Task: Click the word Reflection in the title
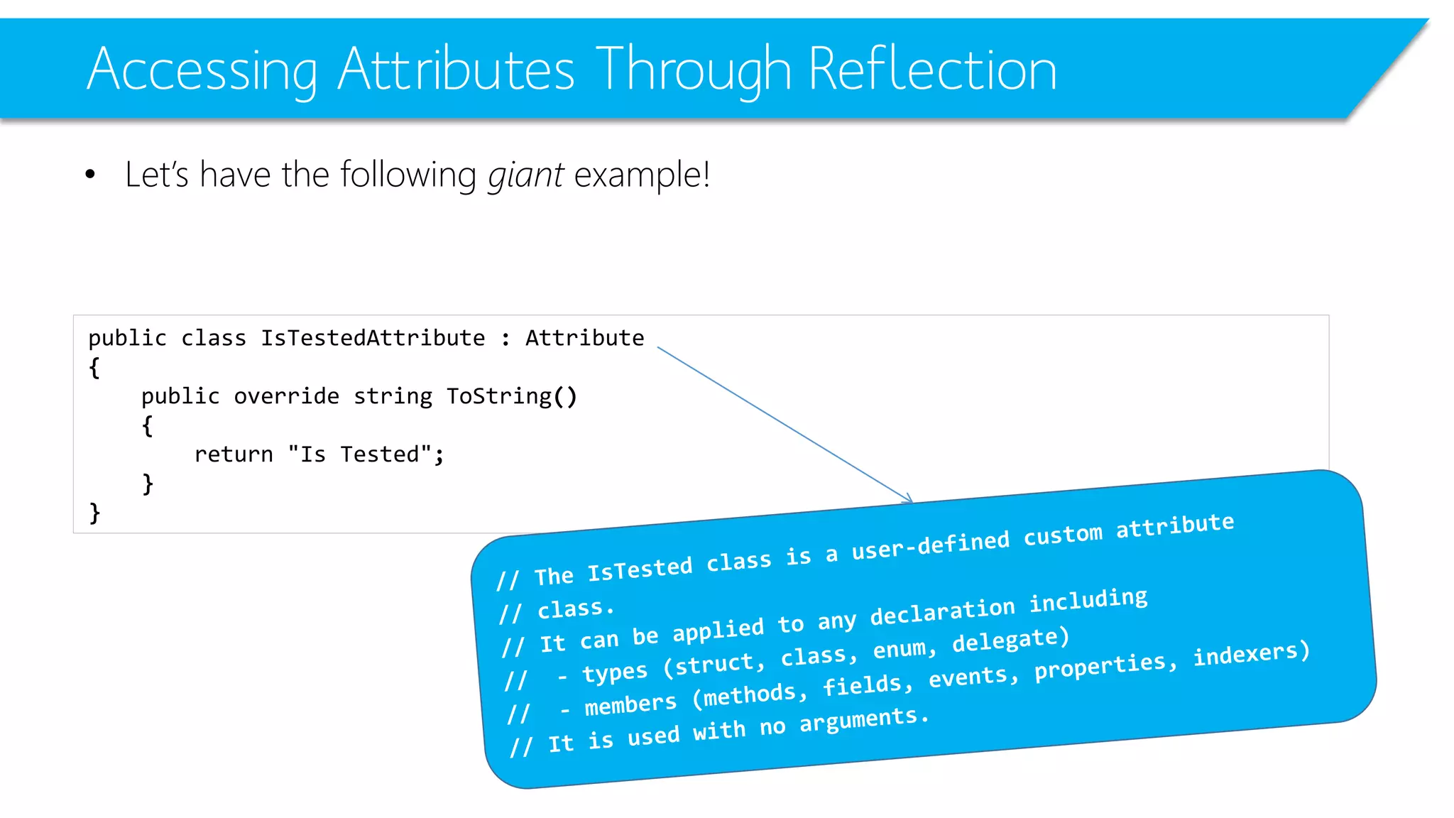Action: click(x=932, y=70)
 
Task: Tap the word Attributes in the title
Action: click(x=456, y=70)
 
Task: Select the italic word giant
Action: click(x=525, y=175)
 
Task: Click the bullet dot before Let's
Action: click(x=89, y=175)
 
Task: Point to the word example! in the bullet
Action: click(x=642, y=175)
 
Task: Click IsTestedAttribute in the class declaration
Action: click(x=373, y=338)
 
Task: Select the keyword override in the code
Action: click(x=286, y=396)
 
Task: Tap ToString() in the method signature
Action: click(x=511, y=396)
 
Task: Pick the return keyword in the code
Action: click(x=234, y=454)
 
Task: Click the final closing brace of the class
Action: click(x=94, y=513)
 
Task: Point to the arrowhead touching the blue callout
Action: click(x=908, y=499)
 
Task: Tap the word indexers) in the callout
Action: click(x=1251, y=653)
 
